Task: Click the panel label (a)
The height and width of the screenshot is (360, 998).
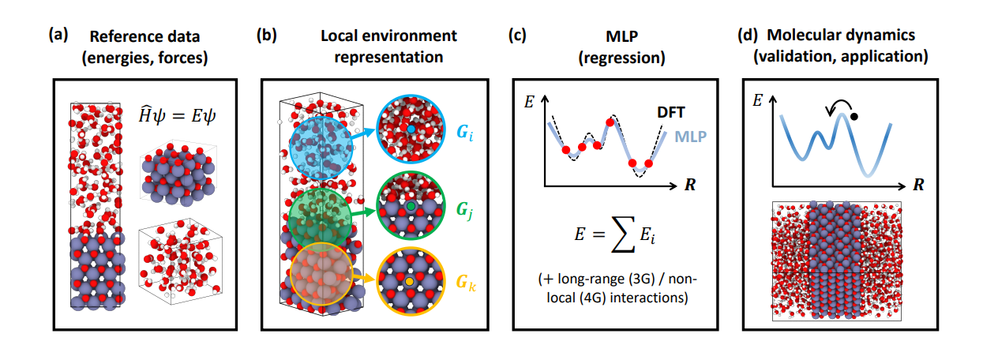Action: click(x=57, y=36)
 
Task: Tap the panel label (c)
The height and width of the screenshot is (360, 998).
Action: click(x=518, y=36)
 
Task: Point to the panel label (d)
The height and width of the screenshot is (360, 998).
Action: click(x=746, y=36)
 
